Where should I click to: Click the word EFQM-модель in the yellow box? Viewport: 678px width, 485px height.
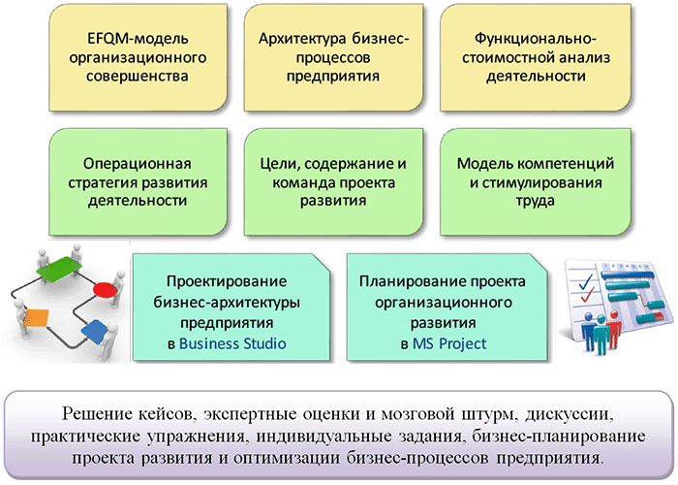(138, 39)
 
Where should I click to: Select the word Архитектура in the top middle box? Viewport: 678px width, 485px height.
(302, 39)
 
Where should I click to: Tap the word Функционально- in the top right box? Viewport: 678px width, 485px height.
(536, 39)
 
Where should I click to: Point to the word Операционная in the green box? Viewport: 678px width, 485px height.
(138, 164)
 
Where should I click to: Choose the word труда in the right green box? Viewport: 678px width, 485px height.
(535, 201)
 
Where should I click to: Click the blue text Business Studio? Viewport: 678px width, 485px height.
(232, 343)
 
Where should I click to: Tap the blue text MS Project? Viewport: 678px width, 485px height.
(449, 343)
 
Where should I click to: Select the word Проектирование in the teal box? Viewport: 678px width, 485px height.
(226, 281)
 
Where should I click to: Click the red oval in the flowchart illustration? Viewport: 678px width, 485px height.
(105, 289)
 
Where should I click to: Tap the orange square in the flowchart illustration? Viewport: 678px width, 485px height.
(36, 318)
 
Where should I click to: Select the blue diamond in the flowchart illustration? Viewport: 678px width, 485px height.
(95, 332)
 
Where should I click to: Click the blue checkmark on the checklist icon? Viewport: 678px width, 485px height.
(585, 282)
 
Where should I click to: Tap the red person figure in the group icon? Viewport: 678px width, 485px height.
(613, 330)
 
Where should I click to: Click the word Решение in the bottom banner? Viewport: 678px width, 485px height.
(97, 414)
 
